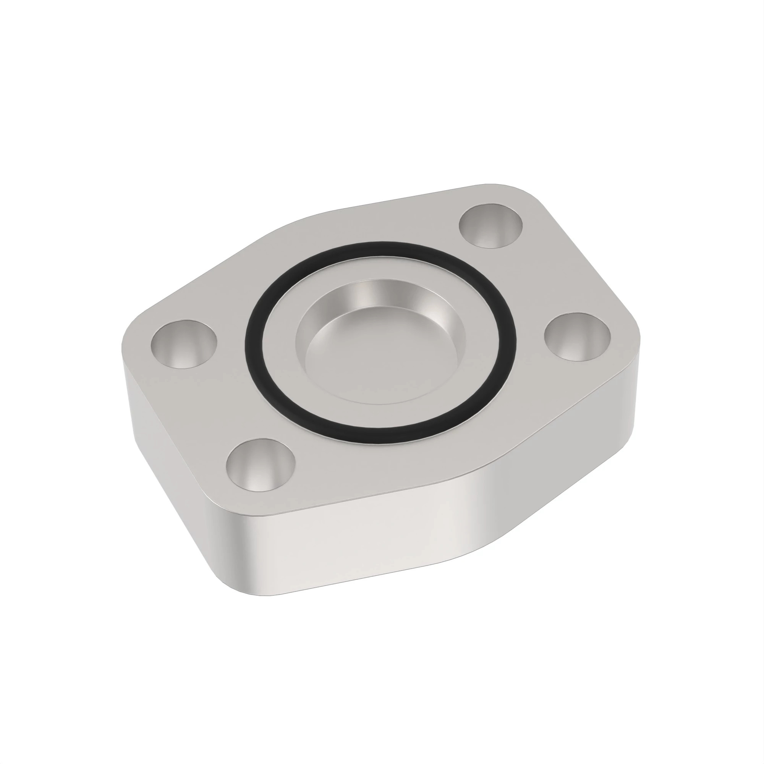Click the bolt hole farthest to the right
point(577,336)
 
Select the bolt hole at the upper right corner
point(490,226)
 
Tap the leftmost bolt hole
point(184,345)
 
